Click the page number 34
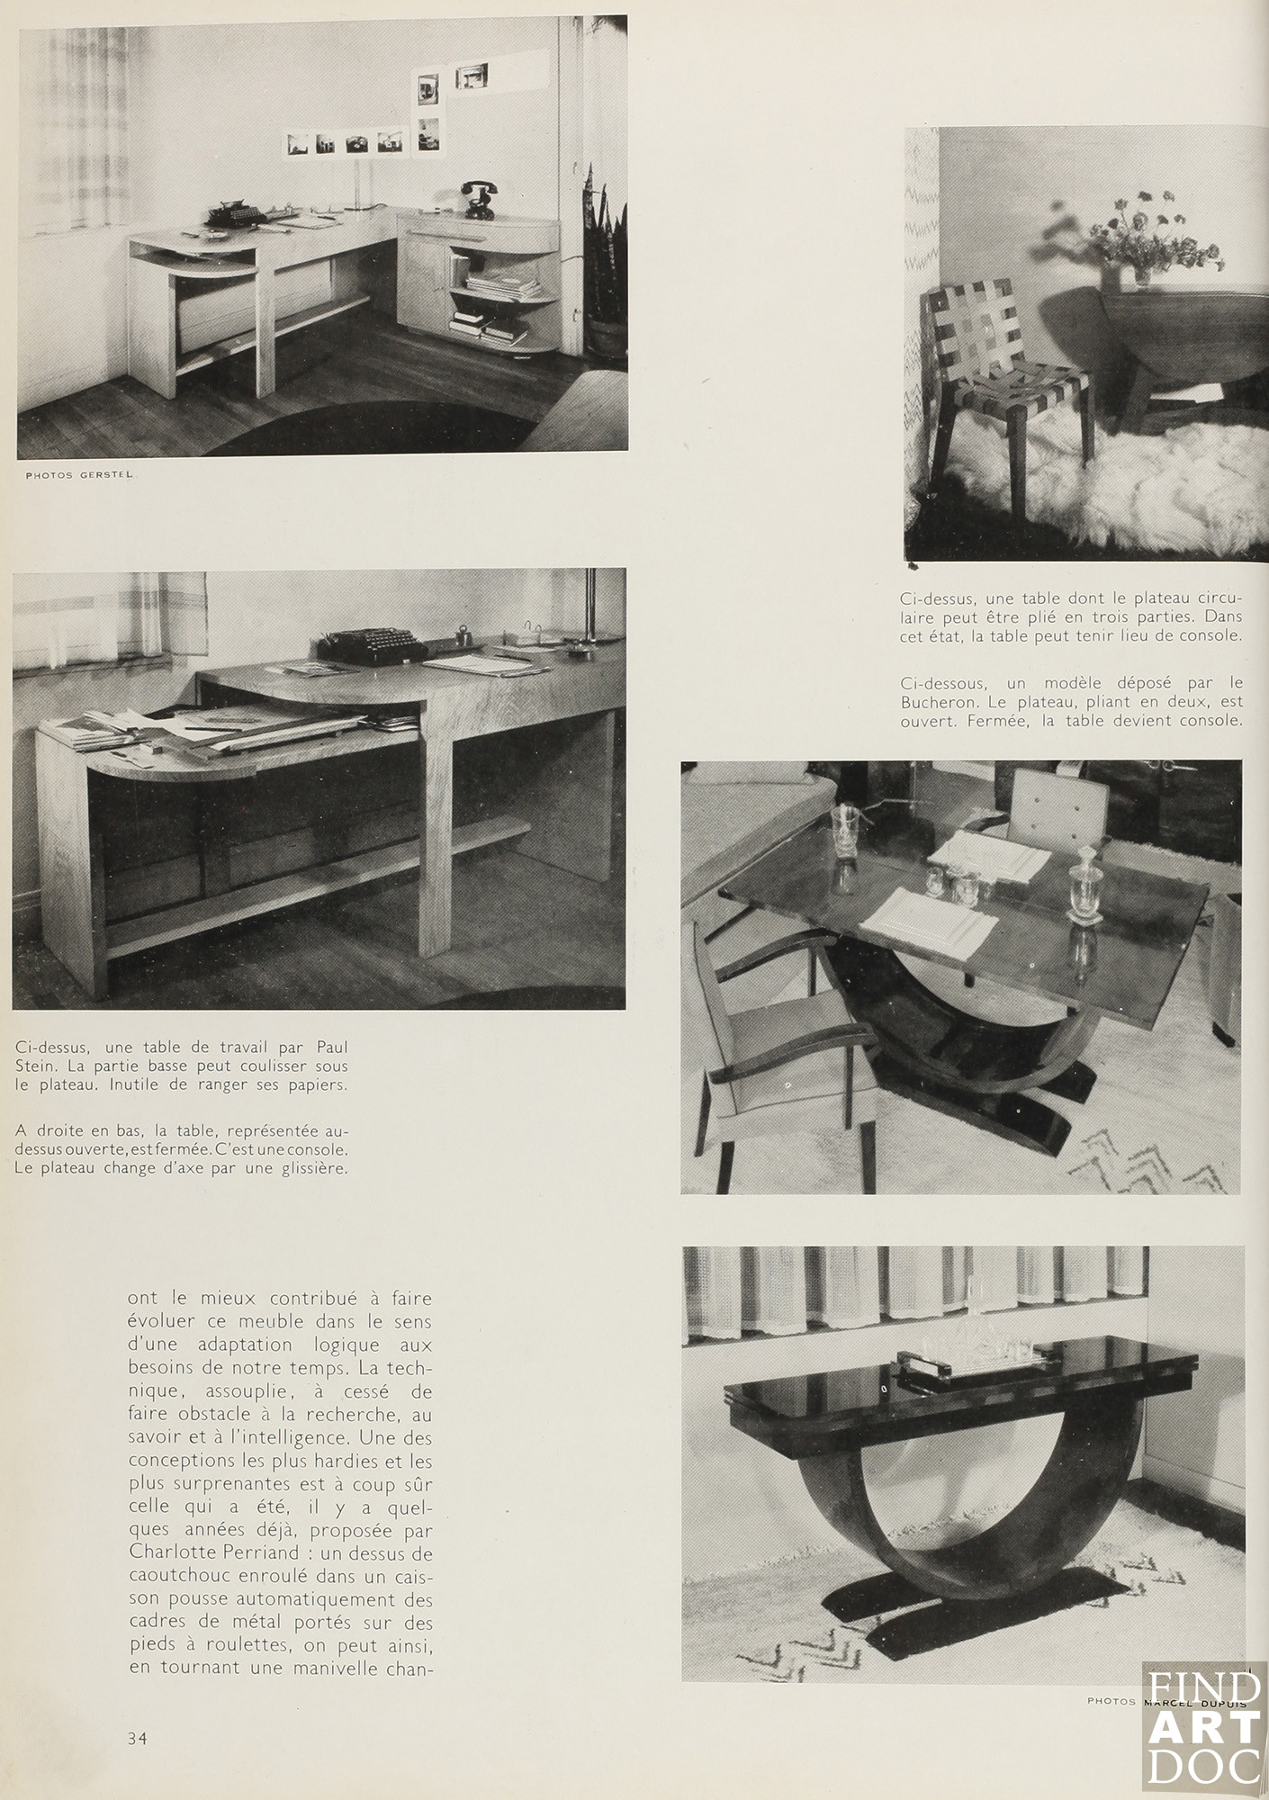[137, 1738]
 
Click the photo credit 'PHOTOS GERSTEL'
[79, 475]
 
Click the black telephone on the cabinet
[478, 200]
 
